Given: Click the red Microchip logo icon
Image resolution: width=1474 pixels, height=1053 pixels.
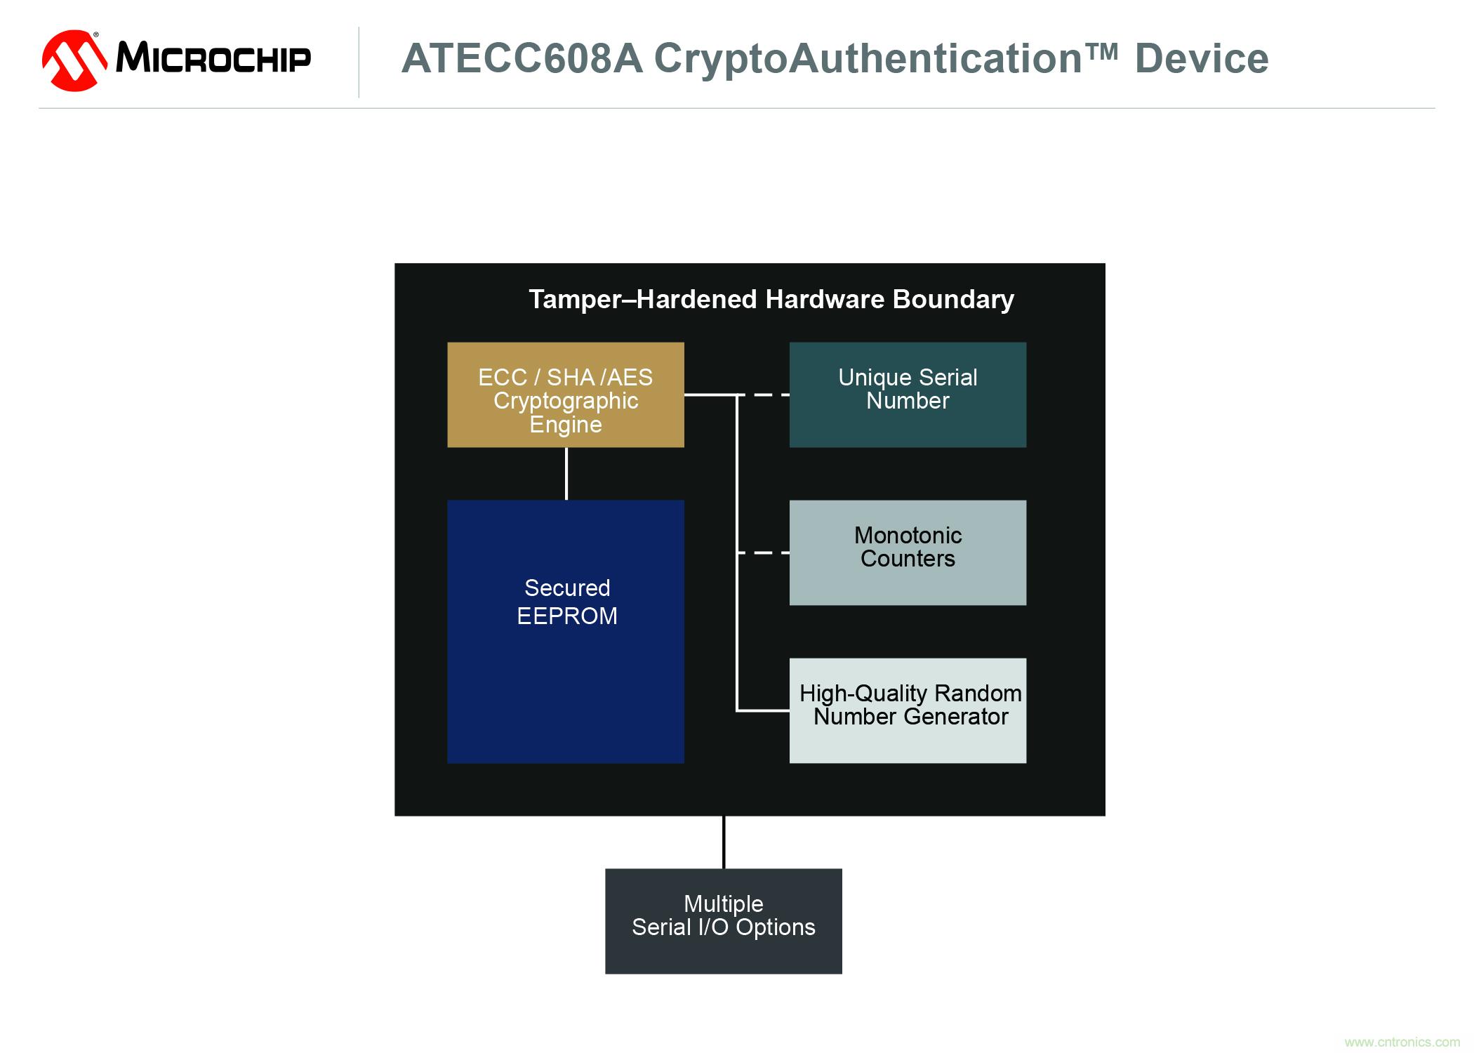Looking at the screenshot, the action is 74,60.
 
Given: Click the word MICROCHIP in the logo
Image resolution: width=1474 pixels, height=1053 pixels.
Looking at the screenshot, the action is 213,57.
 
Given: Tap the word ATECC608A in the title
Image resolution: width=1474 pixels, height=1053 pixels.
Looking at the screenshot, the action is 522,58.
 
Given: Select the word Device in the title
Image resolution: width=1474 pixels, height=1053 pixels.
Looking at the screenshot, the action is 1202,58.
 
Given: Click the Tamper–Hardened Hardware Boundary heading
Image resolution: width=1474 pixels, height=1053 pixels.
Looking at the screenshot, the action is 771,299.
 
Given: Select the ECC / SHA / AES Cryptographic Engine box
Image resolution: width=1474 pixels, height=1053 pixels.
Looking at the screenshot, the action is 566,395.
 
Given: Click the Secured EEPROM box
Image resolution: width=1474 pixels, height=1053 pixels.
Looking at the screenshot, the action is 566,631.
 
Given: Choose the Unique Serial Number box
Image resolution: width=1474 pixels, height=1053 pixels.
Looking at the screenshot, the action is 908,395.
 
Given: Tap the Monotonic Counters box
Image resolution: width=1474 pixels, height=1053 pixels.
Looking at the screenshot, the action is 908,552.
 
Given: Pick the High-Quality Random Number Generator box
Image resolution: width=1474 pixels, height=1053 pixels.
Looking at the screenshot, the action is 908,710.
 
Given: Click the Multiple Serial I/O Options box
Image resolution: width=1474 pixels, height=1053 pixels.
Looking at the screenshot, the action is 724,921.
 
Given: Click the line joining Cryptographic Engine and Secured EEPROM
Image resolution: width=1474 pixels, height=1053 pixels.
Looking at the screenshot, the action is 566,474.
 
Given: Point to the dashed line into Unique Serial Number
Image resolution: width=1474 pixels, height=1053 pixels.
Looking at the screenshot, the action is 763,395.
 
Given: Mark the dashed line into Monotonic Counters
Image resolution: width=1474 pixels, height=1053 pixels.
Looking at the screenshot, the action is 763,552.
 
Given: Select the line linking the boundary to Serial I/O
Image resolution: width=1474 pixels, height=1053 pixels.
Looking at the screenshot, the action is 724,842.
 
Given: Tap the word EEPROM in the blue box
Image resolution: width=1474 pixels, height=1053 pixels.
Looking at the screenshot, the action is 567,616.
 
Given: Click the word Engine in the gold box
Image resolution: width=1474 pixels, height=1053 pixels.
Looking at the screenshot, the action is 566,425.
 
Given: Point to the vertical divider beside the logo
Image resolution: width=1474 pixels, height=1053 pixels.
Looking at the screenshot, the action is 359,62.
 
